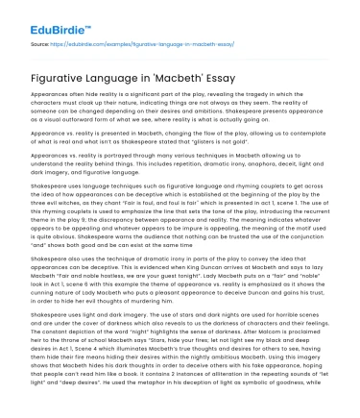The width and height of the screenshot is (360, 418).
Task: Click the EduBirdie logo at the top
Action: pos(41,17)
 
